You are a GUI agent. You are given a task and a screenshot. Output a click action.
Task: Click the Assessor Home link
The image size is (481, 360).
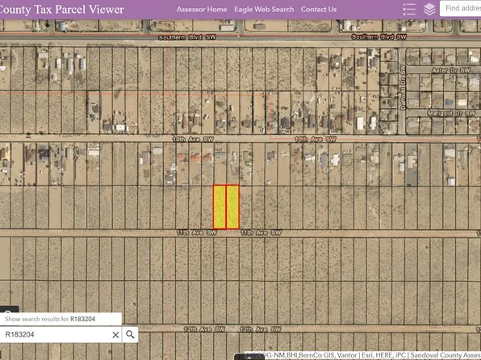click(202, 10)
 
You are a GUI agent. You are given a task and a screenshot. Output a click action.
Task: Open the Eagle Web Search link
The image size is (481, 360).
click(264, 10)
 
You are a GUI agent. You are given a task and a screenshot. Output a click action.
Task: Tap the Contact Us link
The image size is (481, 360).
click(319, 10)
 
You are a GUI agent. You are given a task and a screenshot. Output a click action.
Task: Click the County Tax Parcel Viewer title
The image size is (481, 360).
click(63, 10)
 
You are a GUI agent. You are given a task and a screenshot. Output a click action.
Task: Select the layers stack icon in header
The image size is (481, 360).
click(429, 10)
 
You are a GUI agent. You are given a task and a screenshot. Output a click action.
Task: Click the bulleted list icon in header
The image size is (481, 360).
click(409, 10)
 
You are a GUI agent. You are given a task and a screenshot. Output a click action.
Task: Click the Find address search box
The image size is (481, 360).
click(462, 9)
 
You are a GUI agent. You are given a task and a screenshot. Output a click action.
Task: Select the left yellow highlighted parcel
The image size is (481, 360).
click(220, 207)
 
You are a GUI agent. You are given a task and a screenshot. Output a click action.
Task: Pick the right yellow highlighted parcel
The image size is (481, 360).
click(232, 207)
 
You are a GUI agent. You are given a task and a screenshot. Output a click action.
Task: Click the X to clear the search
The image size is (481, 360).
click(115, 334)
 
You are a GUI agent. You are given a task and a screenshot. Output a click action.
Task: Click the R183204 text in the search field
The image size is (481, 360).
click(20, 334)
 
